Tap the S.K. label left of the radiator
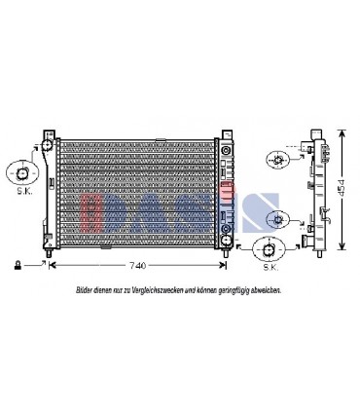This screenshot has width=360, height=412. pyautogui.click(x=20, y=194)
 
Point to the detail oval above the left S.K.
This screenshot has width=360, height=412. pyautogui.click(x=20, y=172)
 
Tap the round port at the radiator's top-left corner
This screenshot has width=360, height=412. pyautogui.click(x=45, y=147)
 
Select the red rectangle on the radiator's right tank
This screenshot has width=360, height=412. pyautogui.click(x=228, y=183)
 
